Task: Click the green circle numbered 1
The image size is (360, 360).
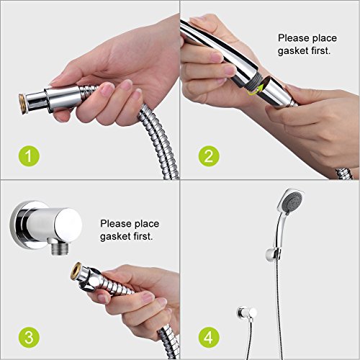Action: [x=29, y=156]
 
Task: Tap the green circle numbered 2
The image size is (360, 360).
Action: [x=209, y=156]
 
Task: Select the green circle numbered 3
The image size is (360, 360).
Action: [x=29, y=337]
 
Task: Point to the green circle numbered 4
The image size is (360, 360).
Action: [x=209, y=337]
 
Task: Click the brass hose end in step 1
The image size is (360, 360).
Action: [x=22, y=104]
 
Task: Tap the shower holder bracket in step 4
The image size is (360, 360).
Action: [x=273, y=255]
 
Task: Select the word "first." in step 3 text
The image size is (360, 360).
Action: [x=143, y=236]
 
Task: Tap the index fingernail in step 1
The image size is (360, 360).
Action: [x=107, y=89]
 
